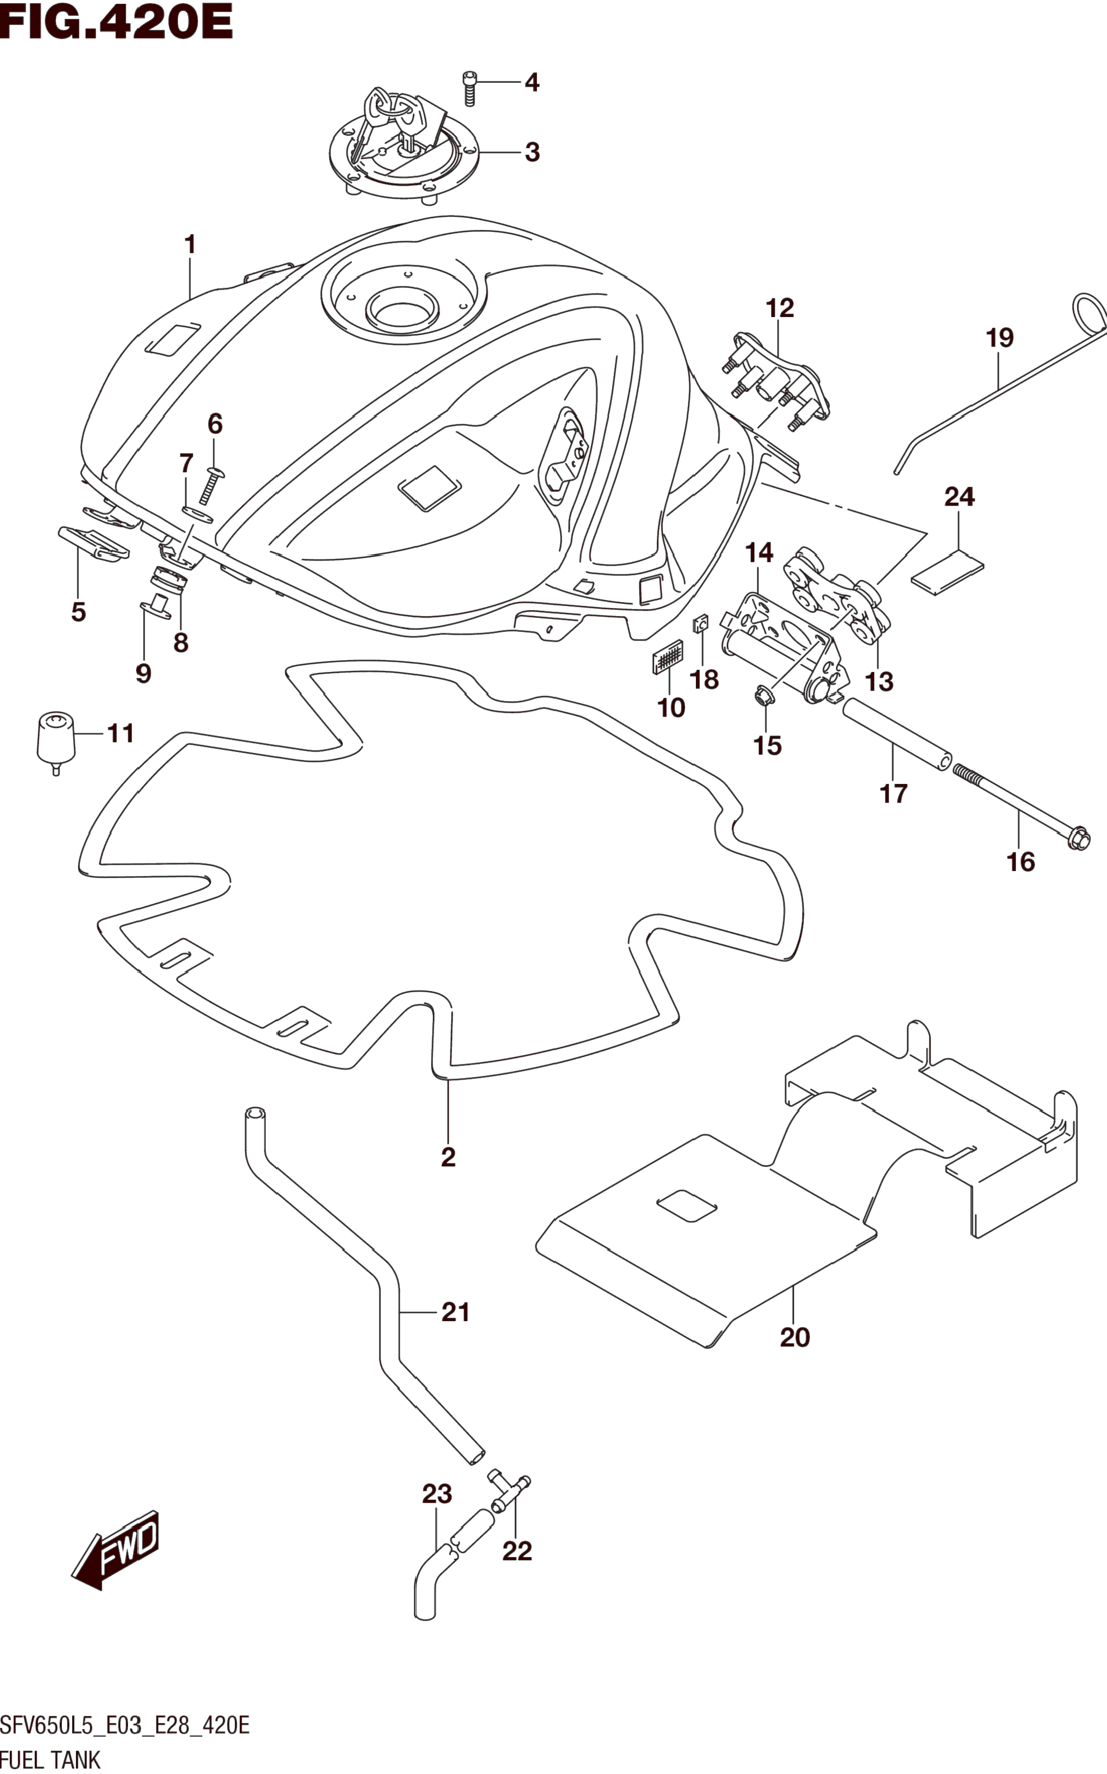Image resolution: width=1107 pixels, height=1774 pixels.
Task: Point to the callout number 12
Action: click(x=780, y=308)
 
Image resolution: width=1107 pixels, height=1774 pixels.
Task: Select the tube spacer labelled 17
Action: click(x=897, y=735)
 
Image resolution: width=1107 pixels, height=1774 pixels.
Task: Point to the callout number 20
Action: click(x=794, y=1337)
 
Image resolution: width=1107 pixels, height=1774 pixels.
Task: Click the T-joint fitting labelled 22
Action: click(x=509, y=1492)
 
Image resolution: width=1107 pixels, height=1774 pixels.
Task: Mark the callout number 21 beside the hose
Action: click(x=455, y=1312)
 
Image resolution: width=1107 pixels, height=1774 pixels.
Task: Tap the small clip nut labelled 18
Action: click(x=701, y=624)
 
